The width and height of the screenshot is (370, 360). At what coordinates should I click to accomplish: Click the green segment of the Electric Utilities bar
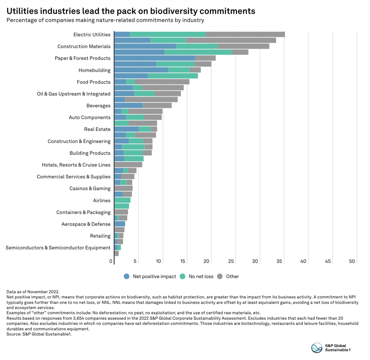[167, 35]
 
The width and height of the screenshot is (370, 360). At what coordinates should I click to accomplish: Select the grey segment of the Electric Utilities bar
[245, 35]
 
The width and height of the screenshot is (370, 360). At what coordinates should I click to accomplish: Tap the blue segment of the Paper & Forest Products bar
[155, 58]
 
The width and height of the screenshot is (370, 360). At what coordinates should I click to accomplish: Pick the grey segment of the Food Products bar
[162, 82]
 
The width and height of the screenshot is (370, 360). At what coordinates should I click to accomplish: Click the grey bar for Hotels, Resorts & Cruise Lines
[128, 165]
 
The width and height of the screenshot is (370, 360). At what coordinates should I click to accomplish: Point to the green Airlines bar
[122, 200]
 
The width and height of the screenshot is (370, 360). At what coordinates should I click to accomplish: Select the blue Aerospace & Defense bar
[120, 224]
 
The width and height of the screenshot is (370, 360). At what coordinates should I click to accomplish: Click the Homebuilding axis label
[95, 70]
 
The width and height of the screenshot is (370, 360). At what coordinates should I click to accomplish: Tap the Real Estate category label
[97, 129]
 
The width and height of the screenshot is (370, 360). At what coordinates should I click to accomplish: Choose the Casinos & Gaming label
[90, 189]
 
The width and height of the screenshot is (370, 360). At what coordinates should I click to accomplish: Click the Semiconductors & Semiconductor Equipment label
[58, 248]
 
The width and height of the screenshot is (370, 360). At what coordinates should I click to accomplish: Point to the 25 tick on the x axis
[231, 261]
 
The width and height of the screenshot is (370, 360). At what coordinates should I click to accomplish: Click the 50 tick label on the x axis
[352, 261]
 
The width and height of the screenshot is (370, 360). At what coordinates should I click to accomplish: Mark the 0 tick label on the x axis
[111, 261]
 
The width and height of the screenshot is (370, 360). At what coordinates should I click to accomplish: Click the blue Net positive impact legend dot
[127, 277]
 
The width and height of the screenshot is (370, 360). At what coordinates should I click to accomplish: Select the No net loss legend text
[201, 277]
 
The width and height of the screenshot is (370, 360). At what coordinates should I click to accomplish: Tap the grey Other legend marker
[220, 277]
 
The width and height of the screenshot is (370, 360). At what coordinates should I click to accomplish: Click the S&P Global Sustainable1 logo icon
[317, 348]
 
